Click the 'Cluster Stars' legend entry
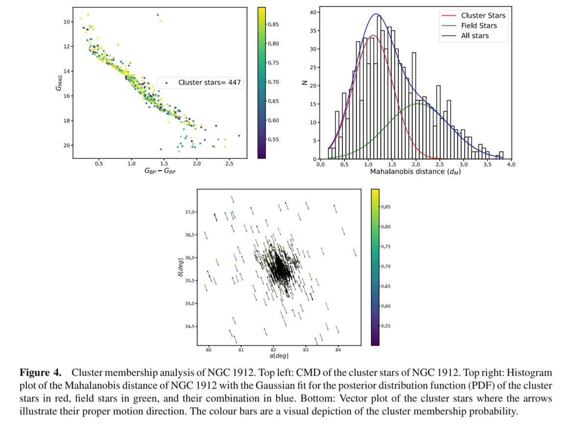[483, 15]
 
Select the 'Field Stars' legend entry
[479, 25]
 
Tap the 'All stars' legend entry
[474, 36]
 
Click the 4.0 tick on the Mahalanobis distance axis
[511, 165]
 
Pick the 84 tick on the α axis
[338, 350]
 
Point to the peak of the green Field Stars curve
[419, 104]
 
